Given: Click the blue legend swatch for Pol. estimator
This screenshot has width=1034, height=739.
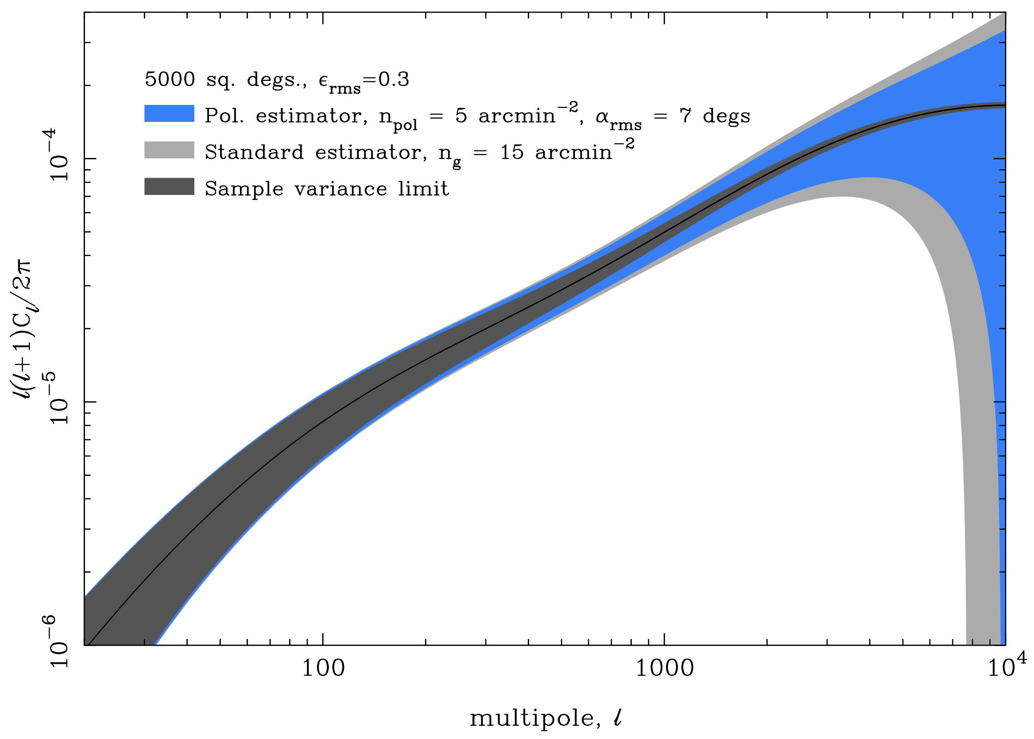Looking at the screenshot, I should point(169,114).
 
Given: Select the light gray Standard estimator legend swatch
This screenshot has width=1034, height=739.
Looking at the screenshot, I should point(169,150).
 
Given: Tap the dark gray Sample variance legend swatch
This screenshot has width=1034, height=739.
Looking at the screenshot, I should point(169,186).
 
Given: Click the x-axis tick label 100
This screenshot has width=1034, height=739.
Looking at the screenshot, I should point(323,668).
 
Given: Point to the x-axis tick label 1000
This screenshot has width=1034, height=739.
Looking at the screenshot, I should point(664,668).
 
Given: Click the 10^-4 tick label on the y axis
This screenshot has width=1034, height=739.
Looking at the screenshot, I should point(59,155).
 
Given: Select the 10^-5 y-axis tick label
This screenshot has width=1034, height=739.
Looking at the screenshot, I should point(59,398).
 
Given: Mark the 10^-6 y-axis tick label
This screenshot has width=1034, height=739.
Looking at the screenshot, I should point(59,641).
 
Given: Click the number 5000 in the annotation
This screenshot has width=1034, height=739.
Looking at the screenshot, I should point(170,79).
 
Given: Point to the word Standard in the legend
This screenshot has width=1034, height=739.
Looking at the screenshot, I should point(254,152).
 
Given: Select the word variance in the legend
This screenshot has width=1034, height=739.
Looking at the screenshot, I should point(340,189).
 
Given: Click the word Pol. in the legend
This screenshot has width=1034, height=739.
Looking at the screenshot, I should point(224,115).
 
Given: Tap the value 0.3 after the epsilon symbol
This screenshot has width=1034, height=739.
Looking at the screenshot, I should point(394,79).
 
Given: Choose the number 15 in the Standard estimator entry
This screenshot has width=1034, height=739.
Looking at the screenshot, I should point(511,152).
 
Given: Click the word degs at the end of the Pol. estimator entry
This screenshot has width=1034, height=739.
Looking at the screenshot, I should point(726,116).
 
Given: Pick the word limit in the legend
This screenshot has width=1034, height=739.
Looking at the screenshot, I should point(423,189).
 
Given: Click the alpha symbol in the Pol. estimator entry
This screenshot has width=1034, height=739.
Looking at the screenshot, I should point(602,116).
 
